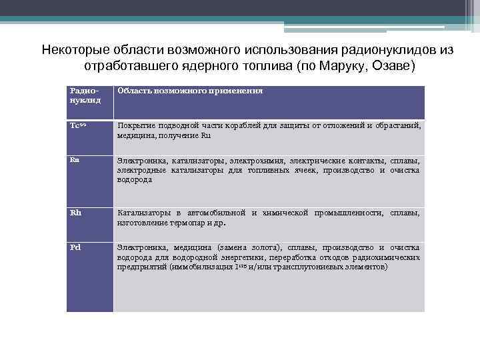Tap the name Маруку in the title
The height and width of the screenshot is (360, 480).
pyautogui.click(x=354, y=67)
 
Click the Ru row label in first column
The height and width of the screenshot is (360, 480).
pyautogui.click(x=75, y=159)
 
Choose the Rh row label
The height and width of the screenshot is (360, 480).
pyautogui.click(x=75, y=213)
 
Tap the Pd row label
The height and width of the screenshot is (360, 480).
pyautogui.click(x=75, y=247)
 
